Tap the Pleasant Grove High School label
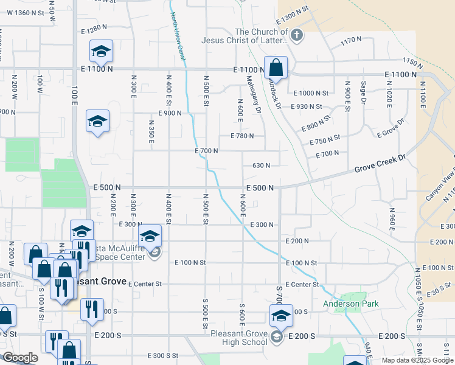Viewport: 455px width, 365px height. tap(238, 337)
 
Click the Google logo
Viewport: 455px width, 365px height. tap(19, 358)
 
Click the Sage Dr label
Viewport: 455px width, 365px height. tap(364, 92)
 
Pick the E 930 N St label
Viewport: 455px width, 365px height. tap(310, 106)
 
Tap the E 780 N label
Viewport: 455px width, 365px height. tap(241, 136)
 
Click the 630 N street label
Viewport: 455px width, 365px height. tap(261, 165)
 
